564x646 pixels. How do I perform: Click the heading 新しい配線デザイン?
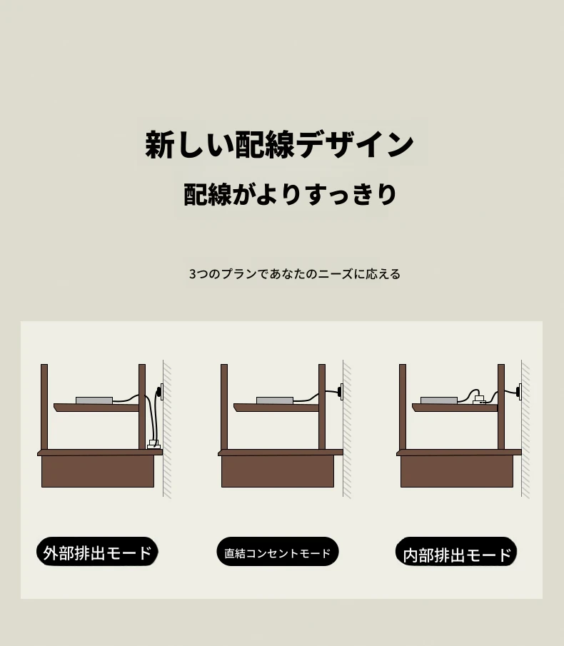point(279,145)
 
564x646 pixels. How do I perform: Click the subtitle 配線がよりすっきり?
point(290,194)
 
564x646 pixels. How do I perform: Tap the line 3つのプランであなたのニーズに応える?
point(295,274)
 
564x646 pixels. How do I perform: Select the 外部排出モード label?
point(97,552)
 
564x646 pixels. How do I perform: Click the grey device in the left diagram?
point(94,400)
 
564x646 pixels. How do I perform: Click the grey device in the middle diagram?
point(275,400)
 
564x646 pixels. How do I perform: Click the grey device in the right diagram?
point(439,400)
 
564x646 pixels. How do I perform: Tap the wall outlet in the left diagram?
point(160,391)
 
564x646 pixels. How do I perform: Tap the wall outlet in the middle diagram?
point(341,391)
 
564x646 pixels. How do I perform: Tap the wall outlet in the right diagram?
point(519,391)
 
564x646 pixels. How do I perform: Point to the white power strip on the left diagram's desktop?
point(153,445)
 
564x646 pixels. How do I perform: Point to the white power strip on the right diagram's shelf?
point(480,399)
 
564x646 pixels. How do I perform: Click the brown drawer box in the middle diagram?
point(278,471)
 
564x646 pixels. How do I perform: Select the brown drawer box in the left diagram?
point(98,471)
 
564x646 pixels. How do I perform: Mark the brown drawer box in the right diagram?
point(457,471)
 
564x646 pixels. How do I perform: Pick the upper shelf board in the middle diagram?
point(276,408)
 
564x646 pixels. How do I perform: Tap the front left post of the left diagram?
point(44,407)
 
